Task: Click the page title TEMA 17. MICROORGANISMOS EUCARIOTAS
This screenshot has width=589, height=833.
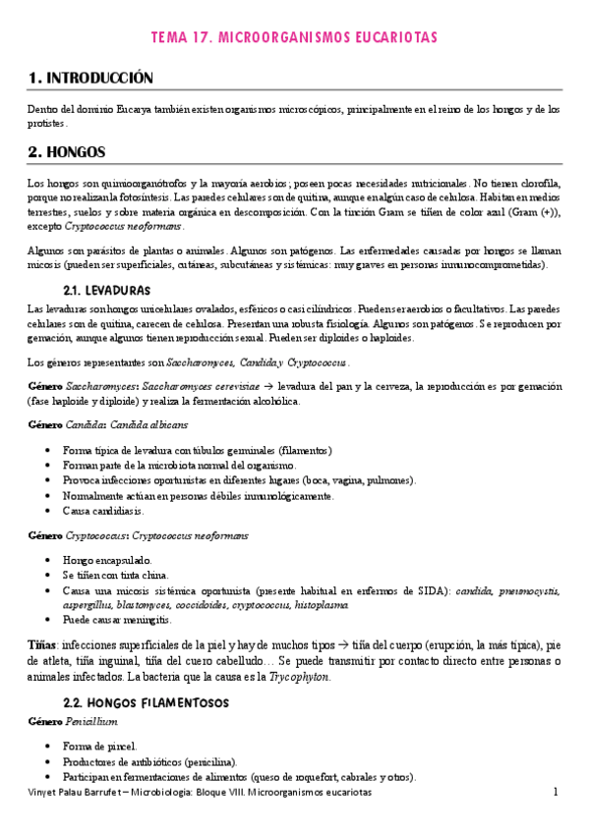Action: pyautogui.click(x=294, y=36)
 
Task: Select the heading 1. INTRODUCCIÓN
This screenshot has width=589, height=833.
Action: pyautogui.click(x=91, y=78)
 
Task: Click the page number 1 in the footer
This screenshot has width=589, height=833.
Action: pyautogui.click(x=555, y=791)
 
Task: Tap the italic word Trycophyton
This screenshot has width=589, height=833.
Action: pyautogui.click(x=300, y=677)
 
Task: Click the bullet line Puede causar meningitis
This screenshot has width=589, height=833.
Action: pyautogui.click(x=116, y=621)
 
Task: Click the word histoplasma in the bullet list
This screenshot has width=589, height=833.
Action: pyautogui.click(x=321, y=605)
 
